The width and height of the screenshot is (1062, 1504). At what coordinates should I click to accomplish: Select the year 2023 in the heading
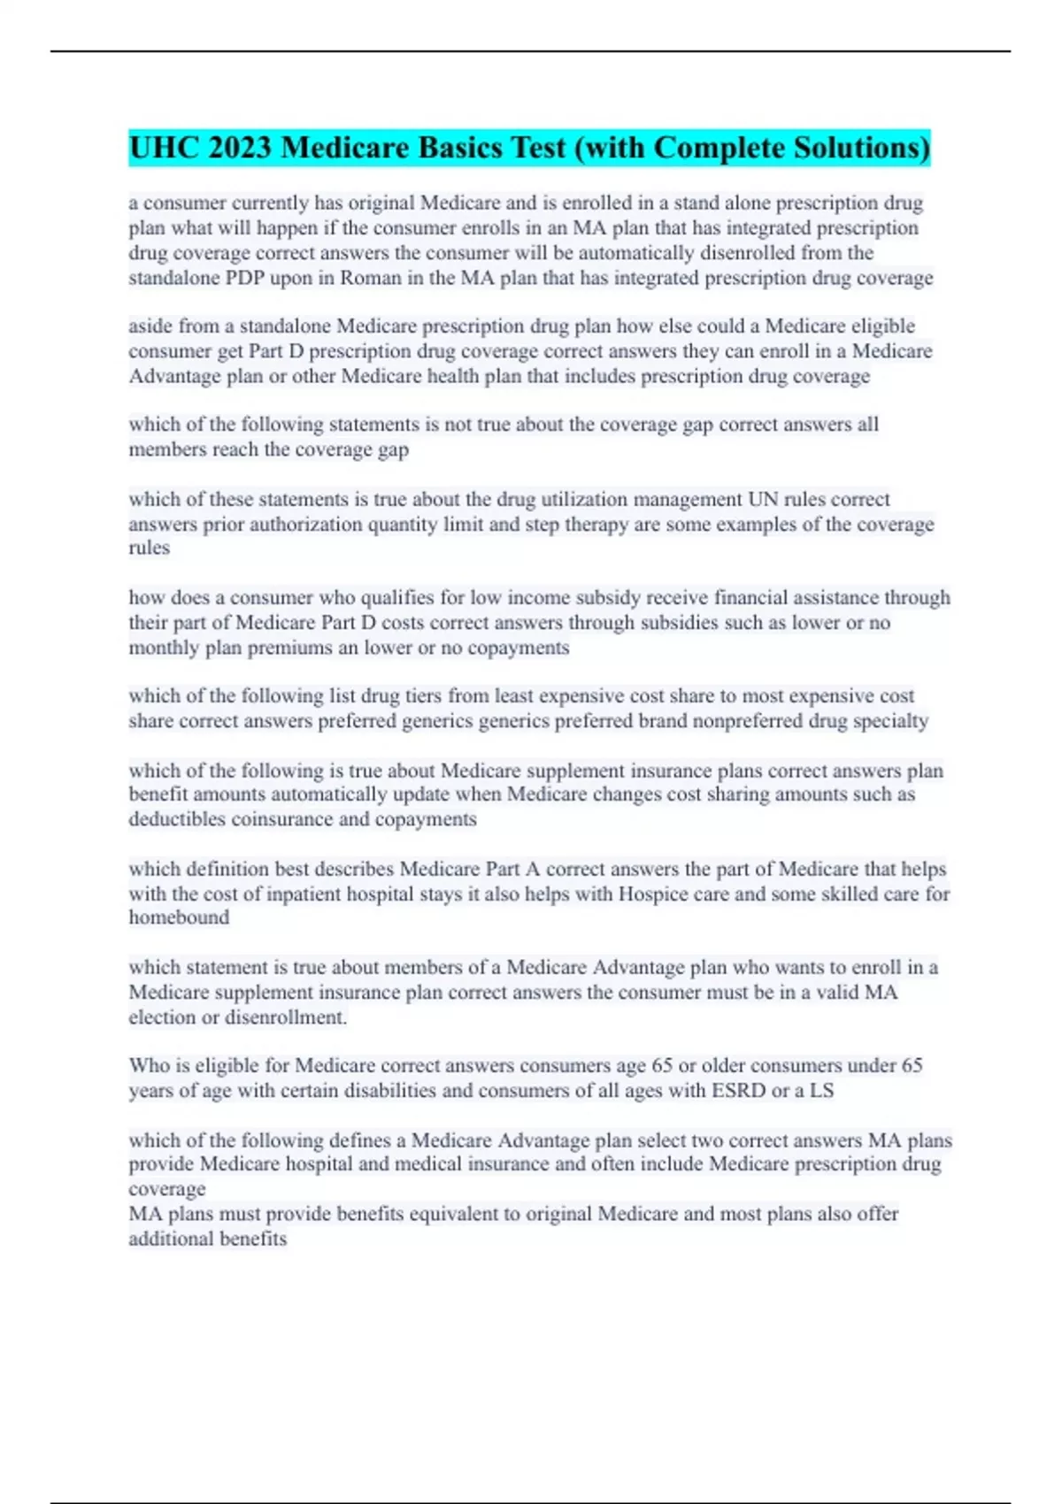[x=240, y=148]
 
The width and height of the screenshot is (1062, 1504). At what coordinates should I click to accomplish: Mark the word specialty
[x=890, y=721]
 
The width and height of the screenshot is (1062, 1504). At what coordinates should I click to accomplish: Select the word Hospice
[x=651, y=894]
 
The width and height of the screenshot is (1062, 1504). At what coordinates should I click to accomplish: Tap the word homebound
[x=179, y=917]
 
